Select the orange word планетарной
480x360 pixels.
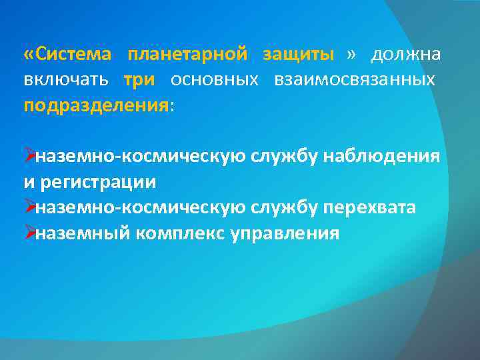click(187, 53)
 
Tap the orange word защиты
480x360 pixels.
click(298, 53)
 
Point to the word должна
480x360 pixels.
click(405, 53)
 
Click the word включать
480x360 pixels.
click(65, 79)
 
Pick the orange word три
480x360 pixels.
click(139, 79)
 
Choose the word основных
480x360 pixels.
click(214, 79)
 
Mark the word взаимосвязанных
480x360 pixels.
click(354, 79)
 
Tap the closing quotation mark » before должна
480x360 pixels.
click(352, 53)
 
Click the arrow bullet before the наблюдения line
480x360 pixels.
click(29, 156)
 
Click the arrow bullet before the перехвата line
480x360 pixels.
click(29, 208)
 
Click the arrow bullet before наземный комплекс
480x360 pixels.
click(29, 234)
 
